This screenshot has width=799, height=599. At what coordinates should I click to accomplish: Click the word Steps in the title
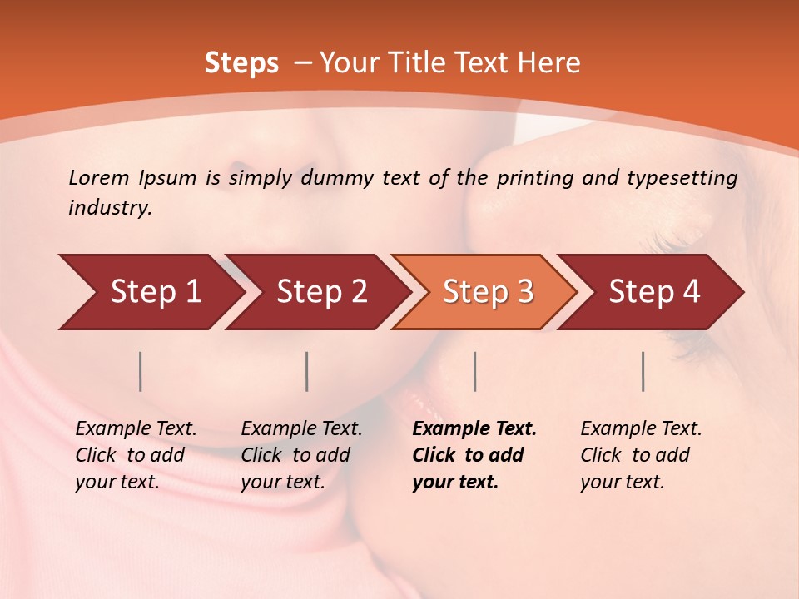[241, 63]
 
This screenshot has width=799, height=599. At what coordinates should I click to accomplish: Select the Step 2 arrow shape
[321, 292]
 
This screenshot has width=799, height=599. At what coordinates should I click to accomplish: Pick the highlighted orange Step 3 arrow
[488, 292]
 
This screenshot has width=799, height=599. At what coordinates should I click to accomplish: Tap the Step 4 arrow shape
[654, 292]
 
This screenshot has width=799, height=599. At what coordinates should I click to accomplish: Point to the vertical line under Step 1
[141, 371]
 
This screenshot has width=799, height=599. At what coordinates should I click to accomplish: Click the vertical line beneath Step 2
[307, 371]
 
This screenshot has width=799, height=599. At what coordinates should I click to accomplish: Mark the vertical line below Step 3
[474, 371]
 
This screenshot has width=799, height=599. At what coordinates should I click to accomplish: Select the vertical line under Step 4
[643, 371]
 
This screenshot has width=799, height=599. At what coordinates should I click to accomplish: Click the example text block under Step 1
[136, 455]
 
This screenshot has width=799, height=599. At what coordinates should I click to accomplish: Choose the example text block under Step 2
[301, 455]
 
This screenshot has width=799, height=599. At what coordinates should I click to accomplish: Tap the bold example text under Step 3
[474, 455]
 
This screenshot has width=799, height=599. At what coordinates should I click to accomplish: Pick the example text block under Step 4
[641, 455]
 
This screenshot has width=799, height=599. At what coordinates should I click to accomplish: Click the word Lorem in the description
[99, 177]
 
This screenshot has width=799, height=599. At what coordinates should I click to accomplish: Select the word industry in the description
[110, 208]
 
